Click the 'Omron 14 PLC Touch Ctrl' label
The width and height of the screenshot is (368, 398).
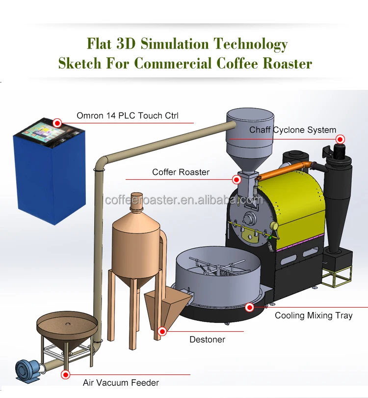pyautogui.click(x=127, y=116)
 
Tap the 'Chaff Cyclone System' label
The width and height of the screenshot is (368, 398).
pyautogui.click(x=292, y=130)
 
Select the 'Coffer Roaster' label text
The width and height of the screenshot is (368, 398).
pyautogui.click(x=181, y=172)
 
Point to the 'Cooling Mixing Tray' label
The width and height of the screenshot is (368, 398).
pyautogui.click(x=314, y=315)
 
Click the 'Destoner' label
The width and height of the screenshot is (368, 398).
pyautogui.click(x=207, y=339)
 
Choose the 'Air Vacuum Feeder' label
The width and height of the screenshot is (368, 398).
pyautogui.click(x=121, y=382)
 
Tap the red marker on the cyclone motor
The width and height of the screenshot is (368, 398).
pyautogui.click(x=339, y=139)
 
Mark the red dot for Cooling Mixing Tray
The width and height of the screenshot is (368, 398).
pyautogui.click(x=250, y=308)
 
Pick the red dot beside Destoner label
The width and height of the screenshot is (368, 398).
pyautogui.click(x=162, y=331)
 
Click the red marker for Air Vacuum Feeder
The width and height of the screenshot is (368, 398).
pyautogui.click(x=65, y=374)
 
